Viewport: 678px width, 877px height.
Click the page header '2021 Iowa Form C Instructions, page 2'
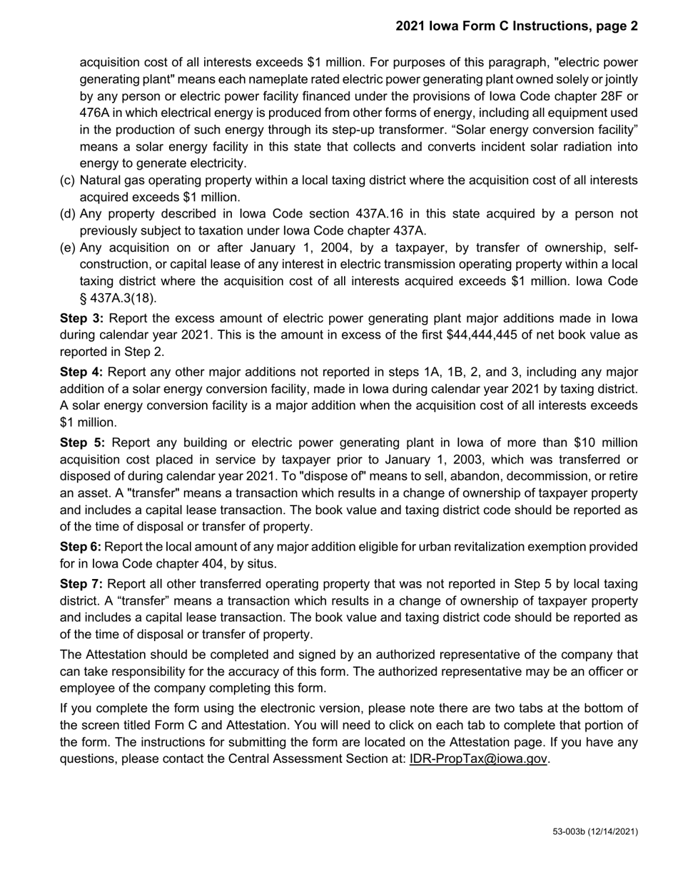[x=517, y=26]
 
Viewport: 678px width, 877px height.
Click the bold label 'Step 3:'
[x=81, y=318]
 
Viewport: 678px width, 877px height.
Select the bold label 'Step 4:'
[x=81, y=371]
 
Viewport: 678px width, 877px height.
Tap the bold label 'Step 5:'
[x=81, y=443]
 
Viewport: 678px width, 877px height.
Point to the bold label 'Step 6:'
[x=81, y=547]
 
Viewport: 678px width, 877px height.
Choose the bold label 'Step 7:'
[x=81, y=583]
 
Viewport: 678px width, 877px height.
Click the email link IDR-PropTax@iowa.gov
[x=477, y=759]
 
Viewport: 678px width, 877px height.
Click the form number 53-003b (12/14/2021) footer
[x=595, y=832]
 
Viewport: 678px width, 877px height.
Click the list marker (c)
[x=68, y=181]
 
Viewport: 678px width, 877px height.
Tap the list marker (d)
[x=68, y=214]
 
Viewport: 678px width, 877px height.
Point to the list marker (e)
[x=68, y=248]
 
